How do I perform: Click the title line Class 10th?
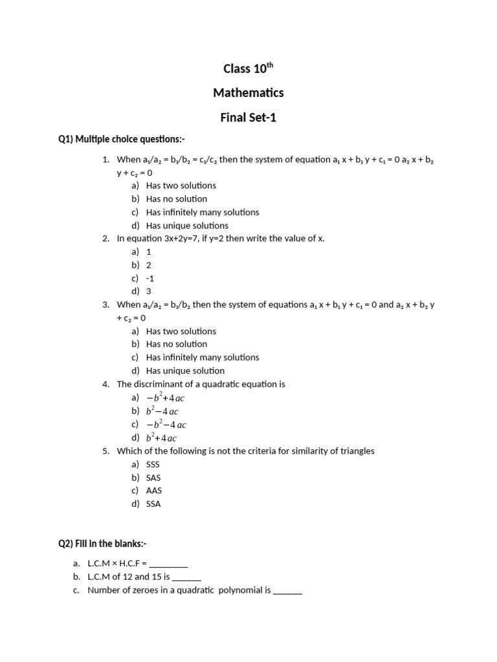click(248, 69)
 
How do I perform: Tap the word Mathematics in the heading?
click(248, 93)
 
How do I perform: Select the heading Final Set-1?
click(248, 118)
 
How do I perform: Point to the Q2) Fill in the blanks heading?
click(107, 544)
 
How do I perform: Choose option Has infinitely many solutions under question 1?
click(202, 212)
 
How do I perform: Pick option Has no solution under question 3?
click(177, 344)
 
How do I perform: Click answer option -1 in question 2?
click(150, 278)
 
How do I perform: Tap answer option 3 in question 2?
click(149, 292)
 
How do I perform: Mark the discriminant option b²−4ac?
click(162, 411)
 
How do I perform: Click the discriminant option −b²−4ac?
click(166, 425)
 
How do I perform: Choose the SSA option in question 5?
click(153, 504)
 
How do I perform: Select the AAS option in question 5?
click(154, 491)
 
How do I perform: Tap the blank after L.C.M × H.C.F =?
click(168, 564)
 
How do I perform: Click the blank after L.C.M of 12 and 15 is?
click(187, 577)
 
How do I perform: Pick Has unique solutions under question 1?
click(187, 226)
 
